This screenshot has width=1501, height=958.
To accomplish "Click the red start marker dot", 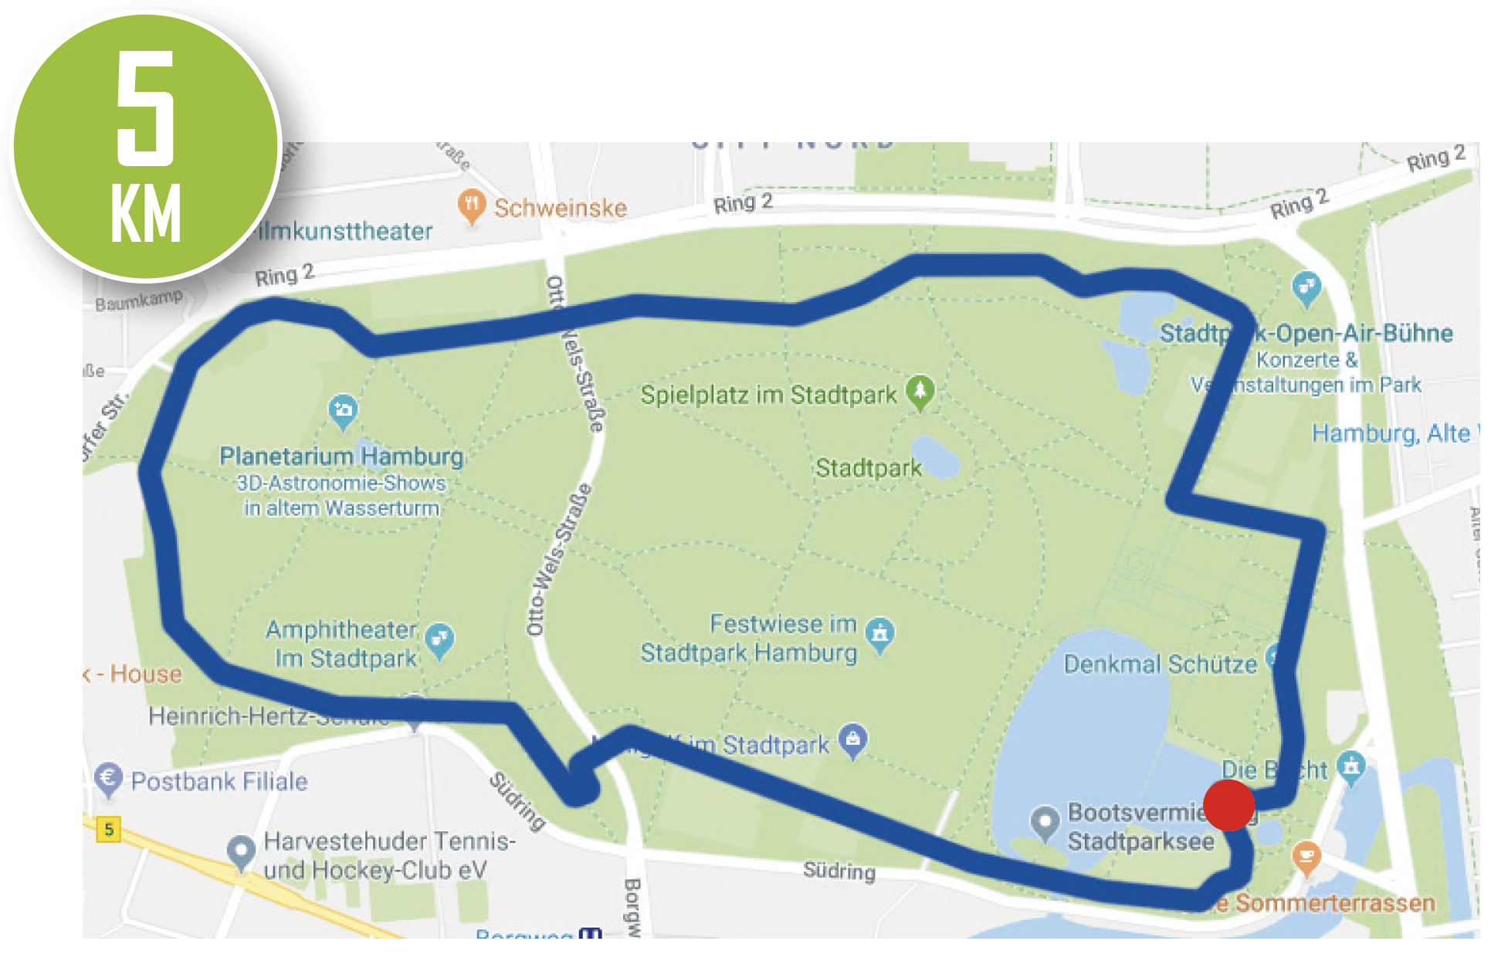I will (1228, 805).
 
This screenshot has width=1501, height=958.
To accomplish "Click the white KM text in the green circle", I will (146, 214).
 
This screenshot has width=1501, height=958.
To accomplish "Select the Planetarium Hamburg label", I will (341, 456).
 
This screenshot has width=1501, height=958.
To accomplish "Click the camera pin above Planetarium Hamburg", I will (343, 409).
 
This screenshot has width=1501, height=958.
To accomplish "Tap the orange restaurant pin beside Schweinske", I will (471, 206).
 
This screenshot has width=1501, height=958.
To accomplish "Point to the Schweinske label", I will (561, 208).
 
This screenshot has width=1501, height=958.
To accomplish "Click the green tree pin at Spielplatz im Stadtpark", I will (920, 391).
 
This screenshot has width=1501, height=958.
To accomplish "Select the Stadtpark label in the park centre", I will (869, 467).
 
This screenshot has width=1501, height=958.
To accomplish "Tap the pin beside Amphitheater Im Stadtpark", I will (439, 640).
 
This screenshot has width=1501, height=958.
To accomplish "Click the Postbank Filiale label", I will (219, 781).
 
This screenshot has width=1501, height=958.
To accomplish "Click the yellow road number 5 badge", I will (109, 829).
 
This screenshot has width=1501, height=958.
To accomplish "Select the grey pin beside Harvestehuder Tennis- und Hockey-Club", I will (242, 851).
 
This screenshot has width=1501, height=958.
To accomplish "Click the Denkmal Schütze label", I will (1160, 664).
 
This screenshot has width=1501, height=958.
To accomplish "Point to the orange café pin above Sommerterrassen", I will (1306, 856).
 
